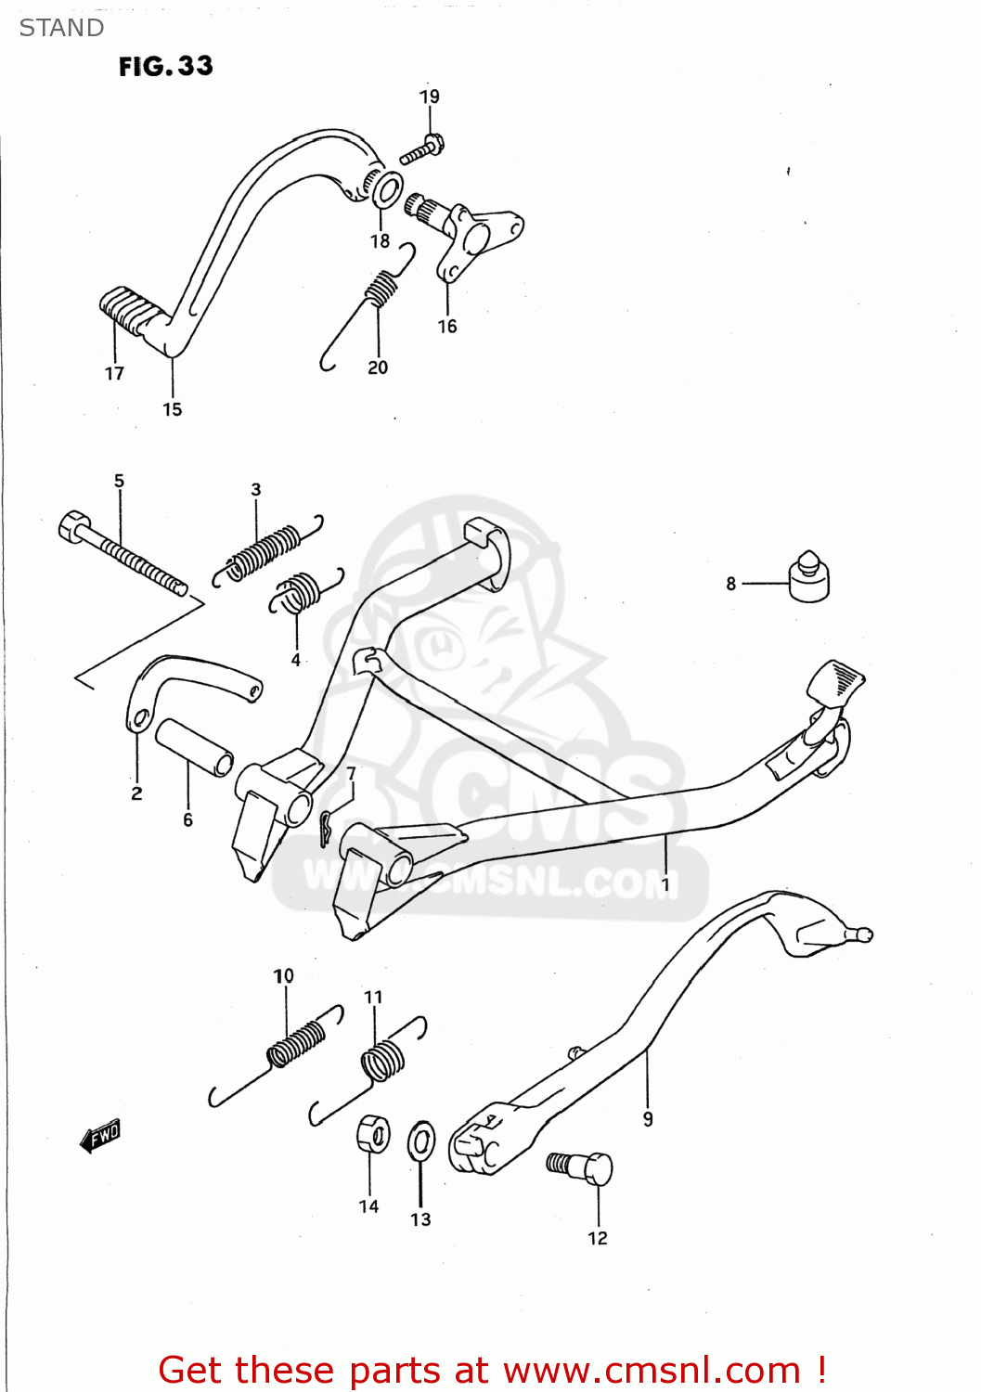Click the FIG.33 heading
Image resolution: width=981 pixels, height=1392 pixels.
click(165, 66)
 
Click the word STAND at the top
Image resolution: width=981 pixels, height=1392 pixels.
click(61, 28)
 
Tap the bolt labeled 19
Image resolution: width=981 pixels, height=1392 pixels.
click(422, 149)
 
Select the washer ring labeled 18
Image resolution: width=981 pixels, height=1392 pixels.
click(387, 190)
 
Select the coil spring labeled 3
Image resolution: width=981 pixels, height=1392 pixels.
click(265, 551)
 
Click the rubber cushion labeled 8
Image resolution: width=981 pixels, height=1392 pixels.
click(809, 579)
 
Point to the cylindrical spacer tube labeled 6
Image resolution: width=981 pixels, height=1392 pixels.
click(194, 746)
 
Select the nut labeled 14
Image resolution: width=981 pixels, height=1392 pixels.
click(372, 1134)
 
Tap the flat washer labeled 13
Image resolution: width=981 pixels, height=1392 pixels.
click(421, 1141)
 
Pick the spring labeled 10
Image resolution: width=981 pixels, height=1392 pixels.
click(295, 1044)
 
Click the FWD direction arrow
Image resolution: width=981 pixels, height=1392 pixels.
click(100, 1134)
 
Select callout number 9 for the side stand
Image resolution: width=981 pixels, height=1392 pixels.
click(648, 1119)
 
